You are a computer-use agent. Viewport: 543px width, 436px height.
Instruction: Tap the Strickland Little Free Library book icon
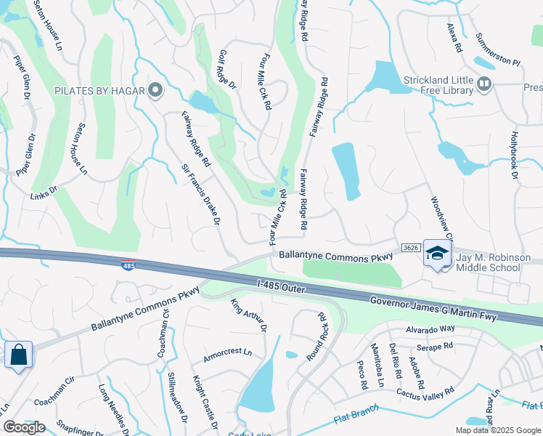(485, 86)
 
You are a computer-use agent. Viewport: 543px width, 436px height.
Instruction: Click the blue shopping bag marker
(19, 355)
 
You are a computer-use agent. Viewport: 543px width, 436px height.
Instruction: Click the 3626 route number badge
(411, 248)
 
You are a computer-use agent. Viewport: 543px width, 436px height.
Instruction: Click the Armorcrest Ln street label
(227, 353)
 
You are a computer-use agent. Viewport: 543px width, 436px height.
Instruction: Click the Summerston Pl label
(498, 49)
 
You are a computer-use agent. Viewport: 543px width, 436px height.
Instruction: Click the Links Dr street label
(44, 193)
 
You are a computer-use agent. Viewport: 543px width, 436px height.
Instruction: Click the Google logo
(25, 427)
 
